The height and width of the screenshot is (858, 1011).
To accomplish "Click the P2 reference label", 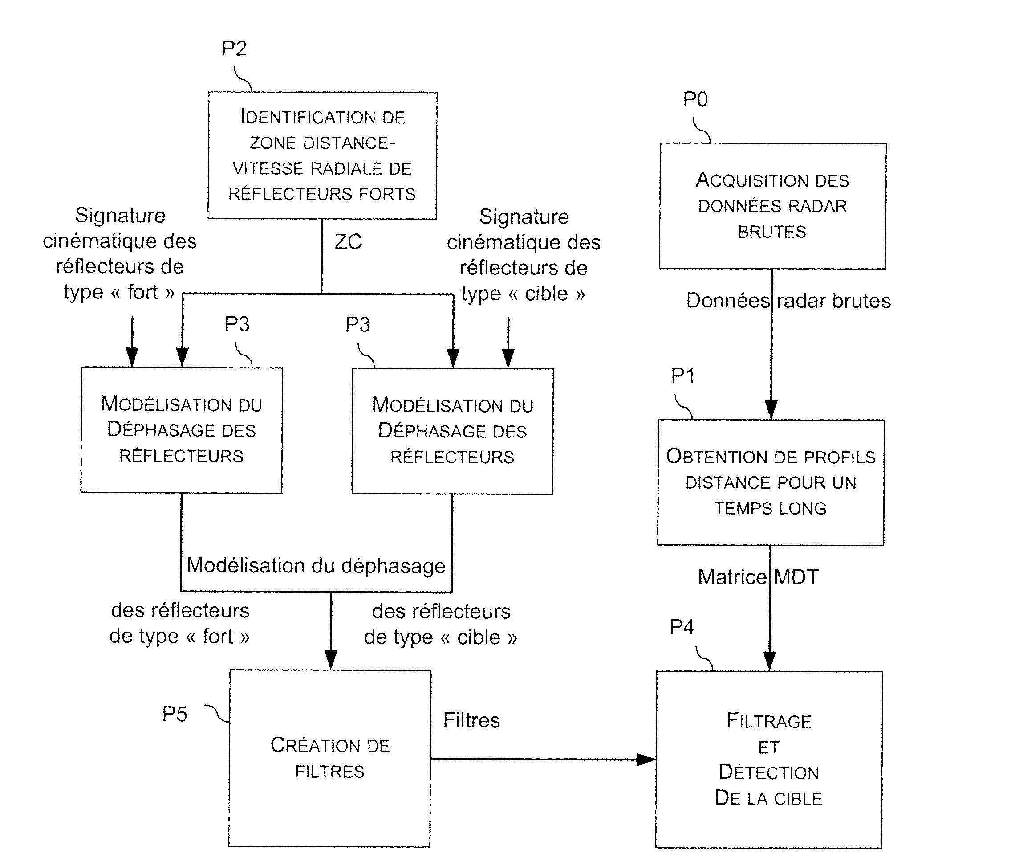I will (x=234, y=49).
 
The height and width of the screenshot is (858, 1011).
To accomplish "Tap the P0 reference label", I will (x=695, y=100).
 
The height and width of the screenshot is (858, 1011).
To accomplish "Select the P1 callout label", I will (x=682, y=376).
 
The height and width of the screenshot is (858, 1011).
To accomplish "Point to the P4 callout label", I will (x=682, y=627).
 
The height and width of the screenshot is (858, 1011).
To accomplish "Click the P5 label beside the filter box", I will (x=175, y=714).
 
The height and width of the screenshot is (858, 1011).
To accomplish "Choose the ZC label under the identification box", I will (x=348, y=242).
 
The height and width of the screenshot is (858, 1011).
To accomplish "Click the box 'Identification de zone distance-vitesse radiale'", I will (x=322, y=155).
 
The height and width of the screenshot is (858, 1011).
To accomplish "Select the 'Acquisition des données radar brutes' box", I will (x=772, y=206).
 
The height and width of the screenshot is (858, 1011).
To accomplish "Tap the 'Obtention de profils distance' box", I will (x=771, y=482).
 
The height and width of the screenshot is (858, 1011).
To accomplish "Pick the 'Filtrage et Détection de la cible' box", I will (x=768, y=759).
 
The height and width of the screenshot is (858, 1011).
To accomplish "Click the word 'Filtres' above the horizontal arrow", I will (x=471, y=720).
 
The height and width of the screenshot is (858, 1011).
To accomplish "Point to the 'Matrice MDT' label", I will (x=758, y=577).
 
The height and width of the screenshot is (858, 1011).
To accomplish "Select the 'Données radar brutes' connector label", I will (x=788, y=301).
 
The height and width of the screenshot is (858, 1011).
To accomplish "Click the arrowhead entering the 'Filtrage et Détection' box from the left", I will (x=646, y=759).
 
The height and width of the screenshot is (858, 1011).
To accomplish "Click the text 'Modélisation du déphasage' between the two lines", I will (x=316, y=566).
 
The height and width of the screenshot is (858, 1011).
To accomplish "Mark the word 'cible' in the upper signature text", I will (x=546, y=294).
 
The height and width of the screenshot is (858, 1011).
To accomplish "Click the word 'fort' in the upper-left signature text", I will (x=142, y=292).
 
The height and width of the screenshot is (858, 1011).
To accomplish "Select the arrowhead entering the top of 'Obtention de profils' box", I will (x=771, y=410).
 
